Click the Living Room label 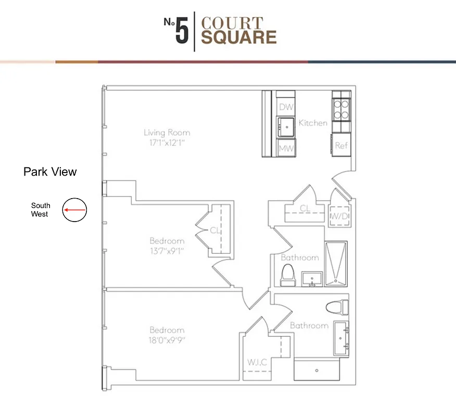(x=167, y=132)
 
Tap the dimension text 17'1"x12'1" (x=167, y=142)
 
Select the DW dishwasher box (x=286, y=107)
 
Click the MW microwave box (x=286, y=148)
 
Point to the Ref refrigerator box (x=341, y=146)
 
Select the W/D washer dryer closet (x=339, y=215)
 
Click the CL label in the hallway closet (x=305, y=208)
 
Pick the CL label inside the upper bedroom (x=215, y=230)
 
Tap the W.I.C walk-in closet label (x=258, y=361)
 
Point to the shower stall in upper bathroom (x=336, y=264)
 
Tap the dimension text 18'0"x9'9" (x=167, y=340)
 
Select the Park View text (x=50, y=171)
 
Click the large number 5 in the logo (x=181, y=32)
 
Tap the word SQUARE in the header (x=239, y=38)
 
